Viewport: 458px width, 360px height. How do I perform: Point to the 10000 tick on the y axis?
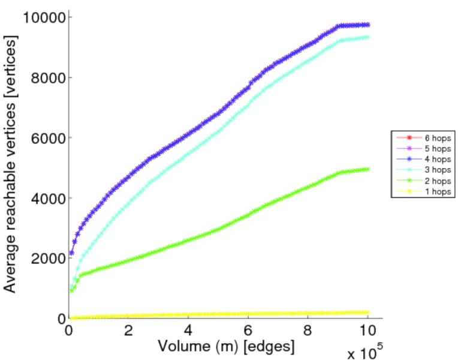(43, 17)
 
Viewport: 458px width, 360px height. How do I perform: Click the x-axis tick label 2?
(128, 331)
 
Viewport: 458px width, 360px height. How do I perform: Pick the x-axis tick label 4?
(188, 331)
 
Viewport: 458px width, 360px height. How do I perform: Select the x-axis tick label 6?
(248, 331)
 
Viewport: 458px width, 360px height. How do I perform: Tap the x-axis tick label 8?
(308, 331)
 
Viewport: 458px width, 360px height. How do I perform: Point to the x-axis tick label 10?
(367, 331)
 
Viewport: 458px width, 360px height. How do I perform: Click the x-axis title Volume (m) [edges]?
(227, 346)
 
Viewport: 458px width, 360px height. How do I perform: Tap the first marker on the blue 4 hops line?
(72, 253)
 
